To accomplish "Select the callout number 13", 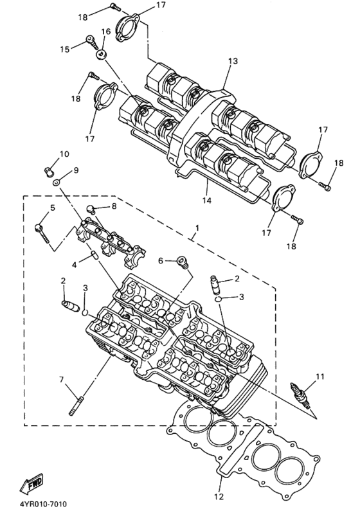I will [232, 61].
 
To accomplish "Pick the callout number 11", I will [320, 376].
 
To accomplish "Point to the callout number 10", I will [64, 154].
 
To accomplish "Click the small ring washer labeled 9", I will [58, 183].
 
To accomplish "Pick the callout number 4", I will [75, 264].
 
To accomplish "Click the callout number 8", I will [114, 206].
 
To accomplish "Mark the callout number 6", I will [161, 260].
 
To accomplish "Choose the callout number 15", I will [65, 49].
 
